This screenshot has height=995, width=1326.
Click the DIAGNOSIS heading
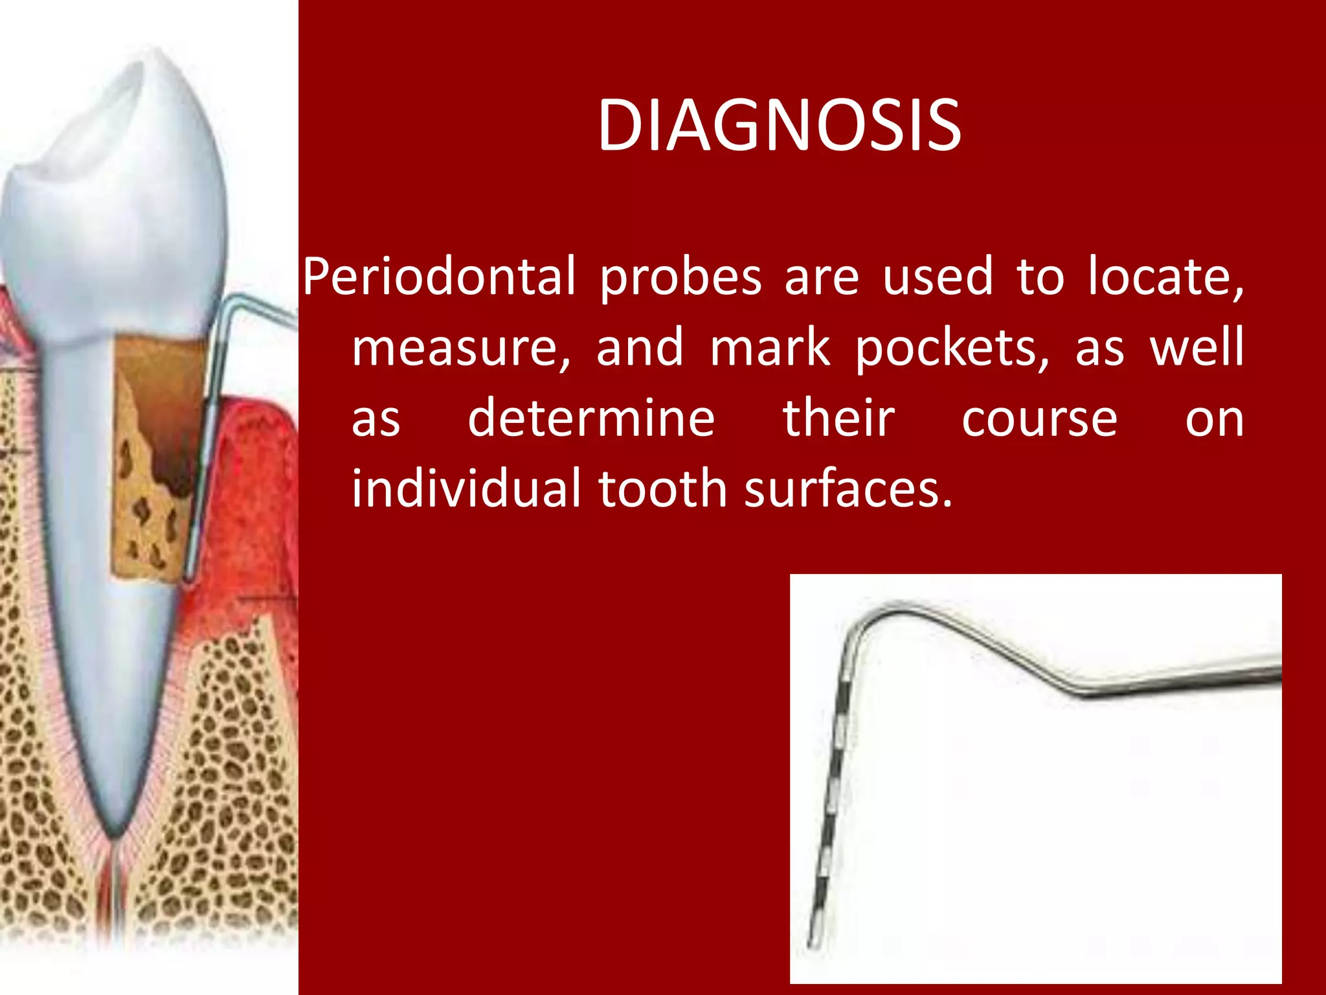click(x=779, y=126)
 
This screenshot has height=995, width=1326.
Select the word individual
click(x=466, y=489)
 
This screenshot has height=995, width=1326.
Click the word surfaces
click(x=848, y=489)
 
